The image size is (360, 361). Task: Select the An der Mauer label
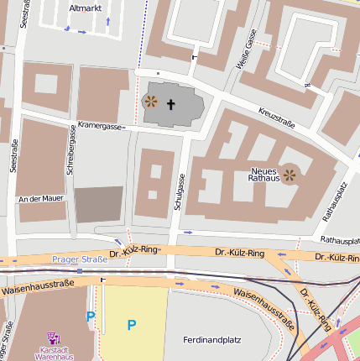(x=40, y=199)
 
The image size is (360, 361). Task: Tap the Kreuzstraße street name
(x=277, y=118)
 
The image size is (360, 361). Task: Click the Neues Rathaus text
(x=263, y=175)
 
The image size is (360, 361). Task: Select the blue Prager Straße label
(x=80, y=259)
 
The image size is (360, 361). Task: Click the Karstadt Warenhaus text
(x=55, y=352)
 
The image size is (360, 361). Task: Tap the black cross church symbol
(x=171, y=105)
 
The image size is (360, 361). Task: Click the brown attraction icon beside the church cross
(x=151, y=102)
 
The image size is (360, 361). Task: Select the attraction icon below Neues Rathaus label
(x=290, y=175)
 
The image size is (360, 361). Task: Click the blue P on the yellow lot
(x=131, y=324)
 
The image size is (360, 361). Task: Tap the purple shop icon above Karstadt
(x=55, y=337)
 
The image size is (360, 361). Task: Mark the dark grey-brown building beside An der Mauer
(x=98, y=204)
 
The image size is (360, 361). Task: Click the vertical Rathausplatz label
(x=329, y=201)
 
